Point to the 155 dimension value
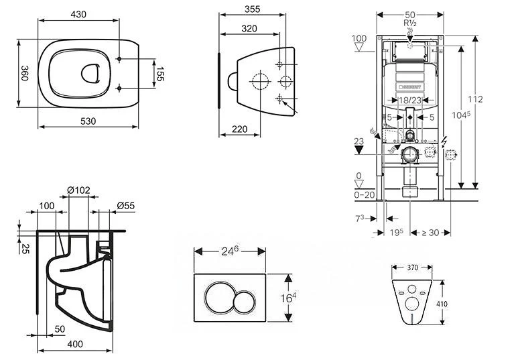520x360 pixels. (159, 73)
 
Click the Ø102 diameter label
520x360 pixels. (80, 190)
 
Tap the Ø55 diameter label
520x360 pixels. (125, 205)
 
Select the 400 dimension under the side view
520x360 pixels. (74, 344)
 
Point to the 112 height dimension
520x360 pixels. (475, 99)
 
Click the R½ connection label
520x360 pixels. (410, 22)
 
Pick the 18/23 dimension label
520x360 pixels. (409, 100)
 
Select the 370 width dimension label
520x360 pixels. (412, 267)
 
